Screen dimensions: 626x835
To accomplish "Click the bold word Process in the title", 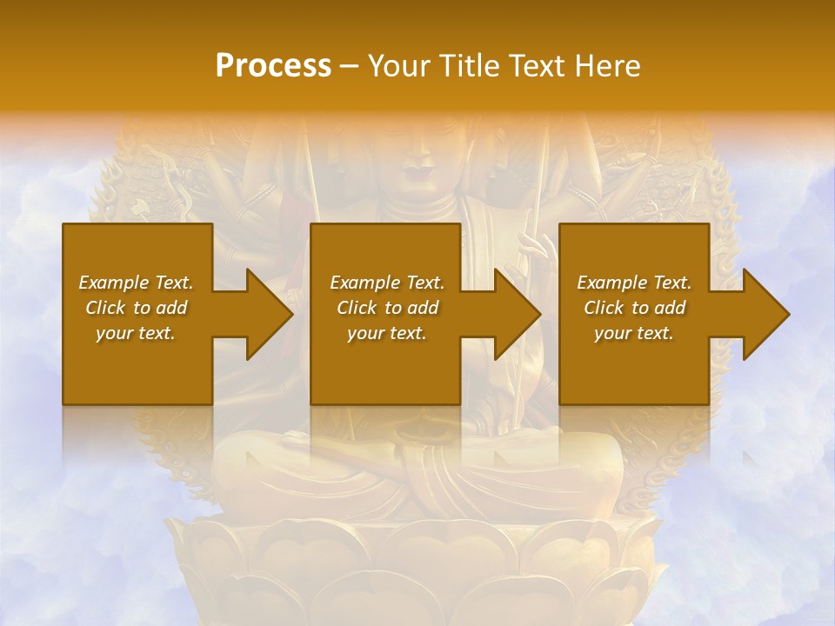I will (x=273, y=66).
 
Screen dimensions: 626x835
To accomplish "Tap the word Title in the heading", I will (x=471, y=66).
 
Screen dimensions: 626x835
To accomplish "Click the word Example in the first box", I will (x=113, y=283).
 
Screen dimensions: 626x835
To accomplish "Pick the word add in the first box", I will (x=171, y=308).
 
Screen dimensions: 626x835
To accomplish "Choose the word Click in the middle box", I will (x=357, y=308).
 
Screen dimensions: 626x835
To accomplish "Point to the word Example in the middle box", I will (x=364, y=283).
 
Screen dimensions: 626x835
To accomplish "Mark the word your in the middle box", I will (x=365, y=333).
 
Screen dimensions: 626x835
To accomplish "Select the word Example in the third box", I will (x=611, y=283).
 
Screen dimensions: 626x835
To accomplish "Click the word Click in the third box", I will (x=604, y=308).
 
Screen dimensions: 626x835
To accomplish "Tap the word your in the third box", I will (x=612, y=333).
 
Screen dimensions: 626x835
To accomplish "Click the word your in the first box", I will (x=114, y=333).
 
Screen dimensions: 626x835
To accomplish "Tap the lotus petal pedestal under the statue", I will (x=417, y=565).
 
